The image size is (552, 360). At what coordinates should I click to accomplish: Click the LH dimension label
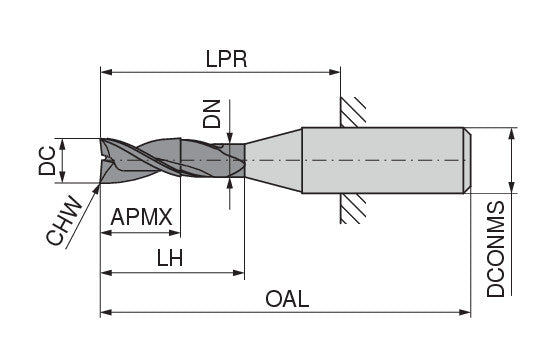coord(169,257)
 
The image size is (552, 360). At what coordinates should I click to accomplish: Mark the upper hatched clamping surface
coord(352,112)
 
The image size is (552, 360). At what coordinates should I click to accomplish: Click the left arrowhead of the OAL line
coord(106,313)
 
